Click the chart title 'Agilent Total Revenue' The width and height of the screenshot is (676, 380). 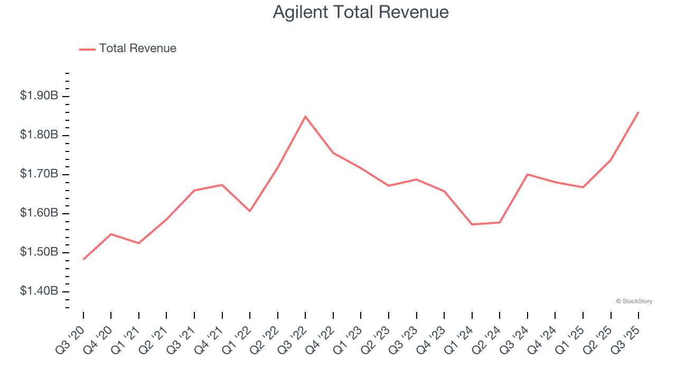361,12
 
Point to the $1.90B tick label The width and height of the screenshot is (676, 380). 39,96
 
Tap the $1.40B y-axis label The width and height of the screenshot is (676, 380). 39,291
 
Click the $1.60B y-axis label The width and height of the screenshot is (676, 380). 39,213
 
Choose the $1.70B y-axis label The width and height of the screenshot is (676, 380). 39,174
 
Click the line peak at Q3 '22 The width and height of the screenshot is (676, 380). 305,116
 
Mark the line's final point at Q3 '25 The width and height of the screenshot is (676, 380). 639,112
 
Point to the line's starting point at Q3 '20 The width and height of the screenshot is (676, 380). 83,259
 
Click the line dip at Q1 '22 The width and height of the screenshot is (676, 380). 250,211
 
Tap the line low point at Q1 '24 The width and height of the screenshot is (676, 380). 472,224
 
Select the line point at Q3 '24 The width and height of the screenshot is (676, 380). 528,174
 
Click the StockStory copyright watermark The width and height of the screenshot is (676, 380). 634,301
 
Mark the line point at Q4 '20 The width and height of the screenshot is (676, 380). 111,234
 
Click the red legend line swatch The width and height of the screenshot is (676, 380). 87,49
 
